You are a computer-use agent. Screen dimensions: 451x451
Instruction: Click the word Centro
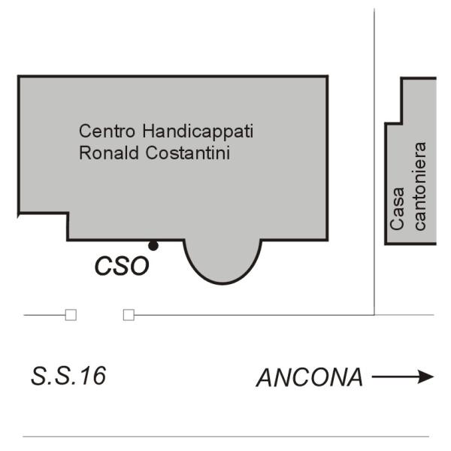coord(107,131)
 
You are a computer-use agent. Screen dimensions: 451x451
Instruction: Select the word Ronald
coord(109,153)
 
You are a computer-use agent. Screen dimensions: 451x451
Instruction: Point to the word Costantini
coord(188,153)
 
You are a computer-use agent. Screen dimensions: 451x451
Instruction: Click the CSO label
coord(122,266)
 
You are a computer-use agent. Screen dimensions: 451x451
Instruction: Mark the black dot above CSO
coord(153,246)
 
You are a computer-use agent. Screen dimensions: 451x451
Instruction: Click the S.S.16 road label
coord(68,376)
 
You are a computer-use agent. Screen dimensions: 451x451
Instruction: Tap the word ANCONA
coord(310,377)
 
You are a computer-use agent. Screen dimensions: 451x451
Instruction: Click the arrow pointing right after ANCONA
coord(403,377)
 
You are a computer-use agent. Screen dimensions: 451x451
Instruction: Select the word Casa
coord(397,208)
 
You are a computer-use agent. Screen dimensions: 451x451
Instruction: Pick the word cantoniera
coord(419,186)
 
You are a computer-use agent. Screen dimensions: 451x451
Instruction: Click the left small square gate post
coord(71,315)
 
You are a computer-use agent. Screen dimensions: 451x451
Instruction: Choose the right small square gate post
coord(129,315)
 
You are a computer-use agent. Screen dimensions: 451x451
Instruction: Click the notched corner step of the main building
coord(68,213)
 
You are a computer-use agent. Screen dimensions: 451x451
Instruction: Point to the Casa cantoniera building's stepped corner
coord(401,123)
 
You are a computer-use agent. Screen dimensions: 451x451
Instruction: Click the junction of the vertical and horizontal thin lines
coord(374,315)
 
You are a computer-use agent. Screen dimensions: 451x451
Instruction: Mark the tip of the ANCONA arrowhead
coord(434,377)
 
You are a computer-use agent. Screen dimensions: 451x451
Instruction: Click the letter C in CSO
coord(103,266)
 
